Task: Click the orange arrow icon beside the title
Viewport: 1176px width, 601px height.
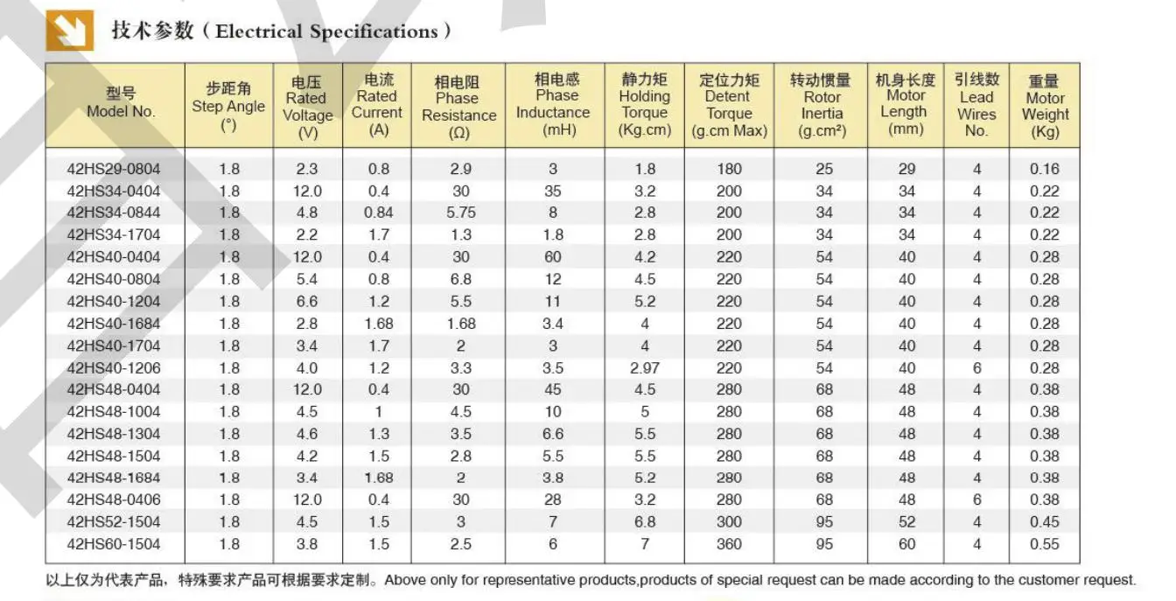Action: tap(70, 31)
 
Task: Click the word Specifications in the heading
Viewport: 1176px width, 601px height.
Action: tap(374, 32)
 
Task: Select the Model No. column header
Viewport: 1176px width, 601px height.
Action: tap(121, 102)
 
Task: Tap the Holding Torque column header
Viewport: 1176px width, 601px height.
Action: tap(645, 105)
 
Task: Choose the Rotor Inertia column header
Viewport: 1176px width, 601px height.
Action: tap(822, 106)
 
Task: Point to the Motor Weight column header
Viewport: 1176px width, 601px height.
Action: tap(1045, 107)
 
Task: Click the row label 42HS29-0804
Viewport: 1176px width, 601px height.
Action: tap(114, 169)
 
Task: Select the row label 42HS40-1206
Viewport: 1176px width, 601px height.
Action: tap(114, 368)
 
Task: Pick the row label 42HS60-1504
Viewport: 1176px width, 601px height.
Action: tap(114, 544)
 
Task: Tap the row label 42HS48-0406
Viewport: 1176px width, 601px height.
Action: tap(114, 500)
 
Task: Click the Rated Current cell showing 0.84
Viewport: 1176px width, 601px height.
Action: tap(379, 213)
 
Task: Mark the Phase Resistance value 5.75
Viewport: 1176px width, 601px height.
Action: tap(460, 213)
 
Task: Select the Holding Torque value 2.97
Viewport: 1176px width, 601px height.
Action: tap(645, 368)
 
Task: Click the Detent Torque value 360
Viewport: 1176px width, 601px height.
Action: tap(729, 544)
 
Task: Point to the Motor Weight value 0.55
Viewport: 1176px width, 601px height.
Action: tap(1044, 544)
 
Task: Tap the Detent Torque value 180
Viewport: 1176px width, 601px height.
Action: tap(729, 169)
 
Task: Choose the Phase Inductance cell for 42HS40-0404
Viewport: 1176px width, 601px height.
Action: tap(553, 257)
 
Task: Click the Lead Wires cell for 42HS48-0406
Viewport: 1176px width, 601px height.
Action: tap(976, 500)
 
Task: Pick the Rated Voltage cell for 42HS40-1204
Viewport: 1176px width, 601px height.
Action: tap(306, 302)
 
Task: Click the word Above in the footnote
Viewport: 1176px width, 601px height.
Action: tap(405, 580)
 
